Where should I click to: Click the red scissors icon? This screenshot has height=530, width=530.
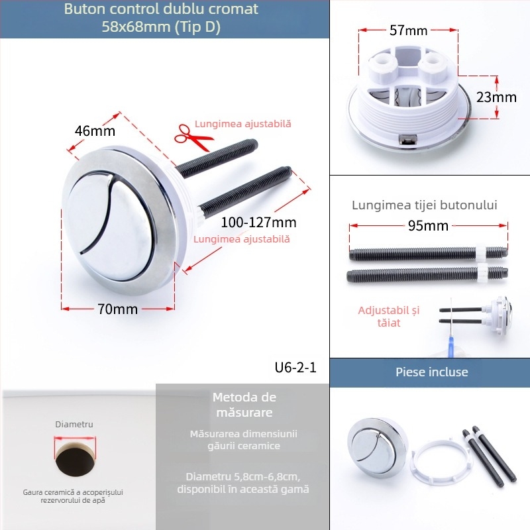(193, 137)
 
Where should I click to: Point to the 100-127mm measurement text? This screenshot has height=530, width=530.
(258, 222)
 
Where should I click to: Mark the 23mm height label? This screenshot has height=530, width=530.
(496, 97)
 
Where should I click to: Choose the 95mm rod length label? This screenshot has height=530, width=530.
(427, 226)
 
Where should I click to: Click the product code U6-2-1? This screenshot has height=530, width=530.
(295, 368)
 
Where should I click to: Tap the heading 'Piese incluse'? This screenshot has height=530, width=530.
(431, 372)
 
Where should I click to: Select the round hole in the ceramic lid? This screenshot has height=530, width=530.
(74, 457)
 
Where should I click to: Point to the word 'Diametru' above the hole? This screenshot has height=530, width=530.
(74, 424)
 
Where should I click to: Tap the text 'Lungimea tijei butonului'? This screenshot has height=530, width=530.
(425, 205)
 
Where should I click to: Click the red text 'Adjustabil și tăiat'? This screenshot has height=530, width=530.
(389, 316)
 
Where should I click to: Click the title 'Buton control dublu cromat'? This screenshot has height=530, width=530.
(161, 10)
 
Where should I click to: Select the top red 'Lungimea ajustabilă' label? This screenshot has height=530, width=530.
(242, 124)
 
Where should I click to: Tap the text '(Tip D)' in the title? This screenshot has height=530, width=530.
(199, 27)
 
